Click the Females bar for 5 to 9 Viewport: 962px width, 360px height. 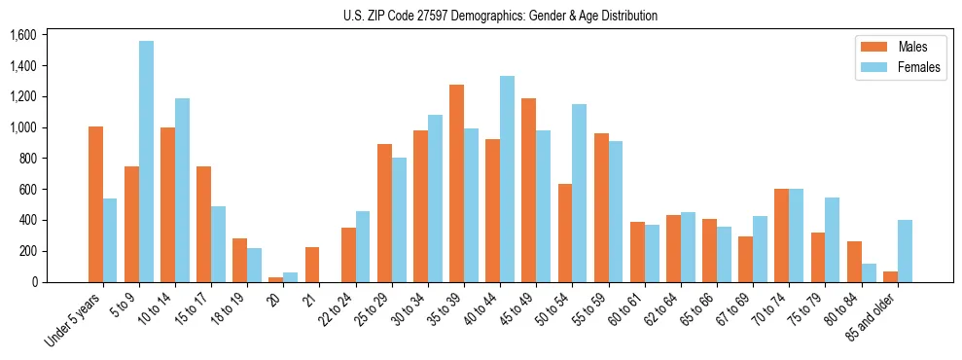[146, 162]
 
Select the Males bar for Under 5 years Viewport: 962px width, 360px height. [95, 204]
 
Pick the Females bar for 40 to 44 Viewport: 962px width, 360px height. [507, 179]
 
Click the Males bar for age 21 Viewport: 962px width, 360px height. [312, 265]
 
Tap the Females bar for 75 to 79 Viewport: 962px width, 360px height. [832, 239]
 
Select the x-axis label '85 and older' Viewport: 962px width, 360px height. [874, 317]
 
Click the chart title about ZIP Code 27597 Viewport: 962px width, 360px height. [500, 16]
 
